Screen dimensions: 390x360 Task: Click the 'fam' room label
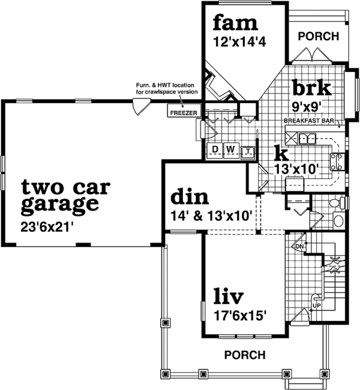[x=235, y=23]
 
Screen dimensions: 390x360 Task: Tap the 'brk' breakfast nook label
[x=311, y=88]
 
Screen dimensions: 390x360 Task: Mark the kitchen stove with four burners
[x=337, y=160]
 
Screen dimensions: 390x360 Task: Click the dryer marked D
[x=214, y=149]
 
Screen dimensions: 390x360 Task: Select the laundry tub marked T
[x=248, y=150]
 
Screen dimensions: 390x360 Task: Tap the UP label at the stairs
[x=317, y=305]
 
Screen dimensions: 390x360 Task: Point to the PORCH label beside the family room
[x=318, y=37]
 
